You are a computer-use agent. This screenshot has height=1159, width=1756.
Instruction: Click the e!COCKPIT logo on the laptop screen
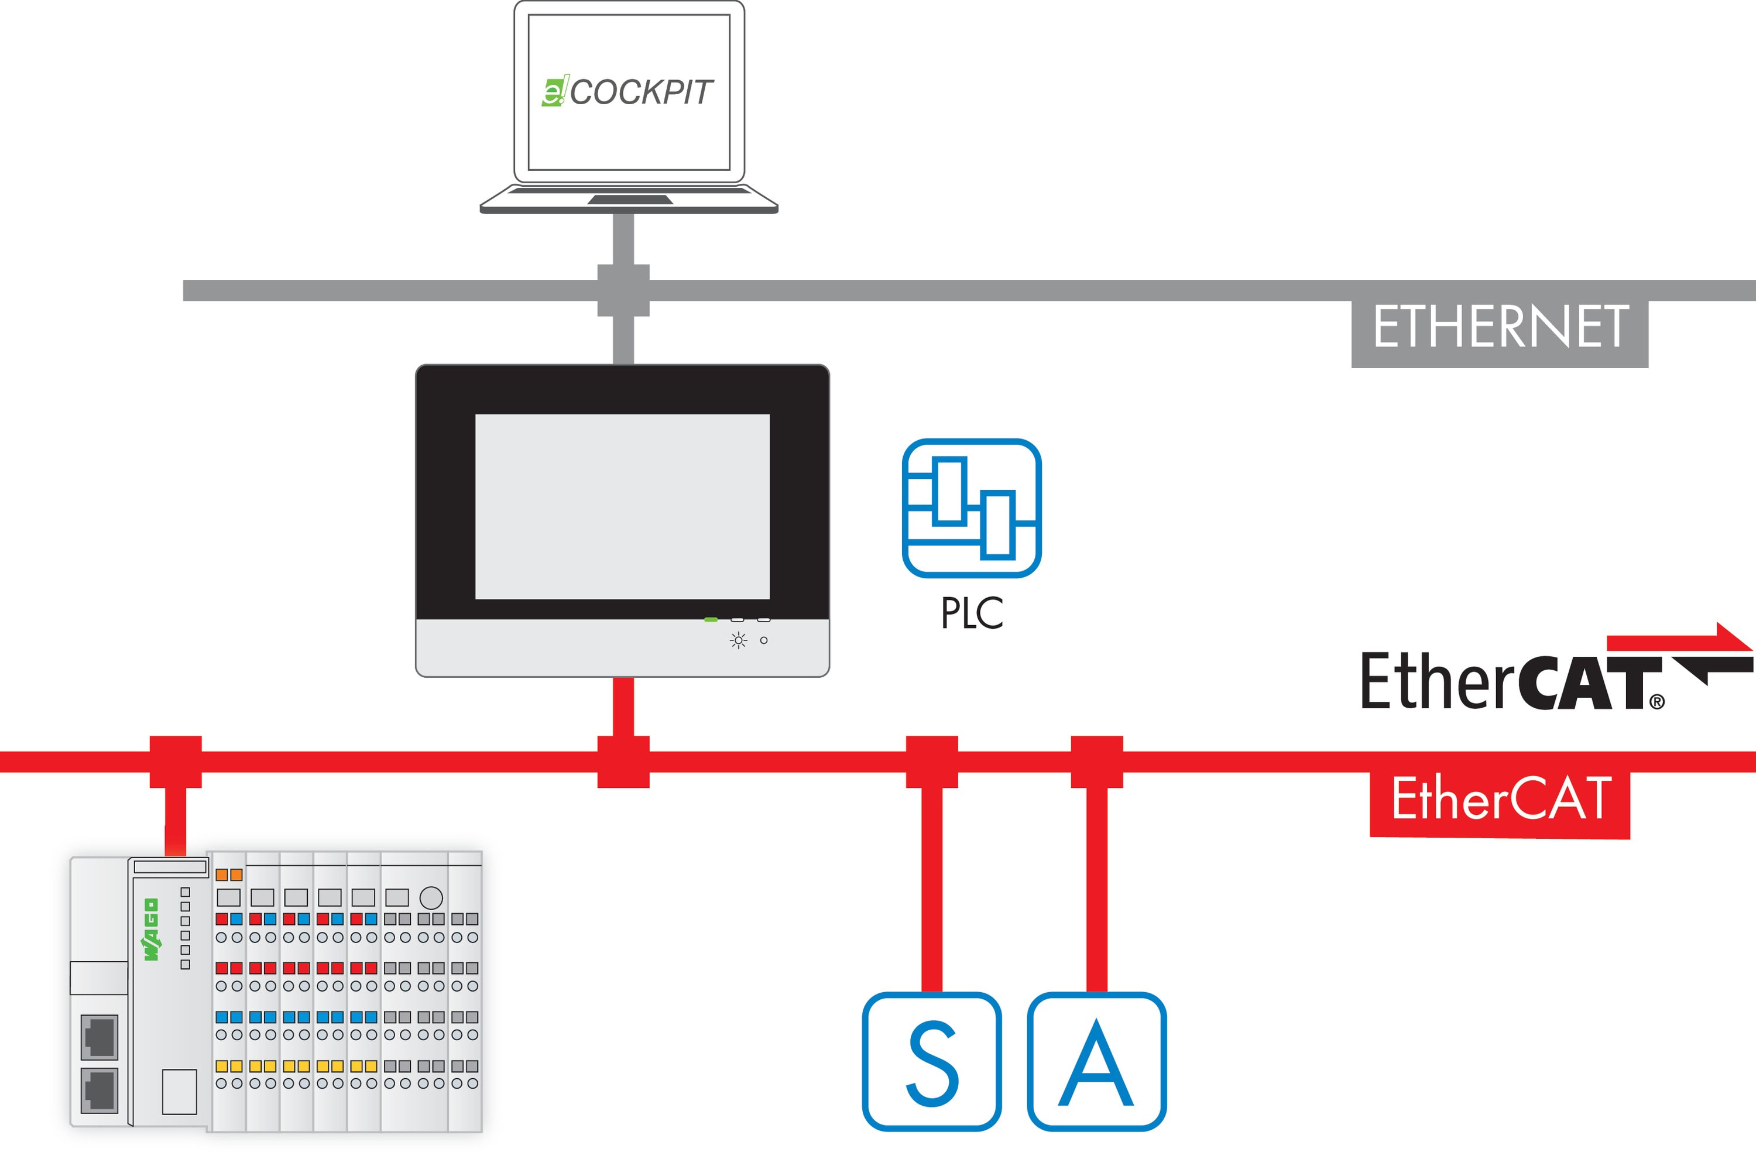[x=627, y=92]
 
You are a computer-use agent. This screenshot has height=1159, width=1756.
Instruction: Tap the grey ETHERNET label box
[x=1500, y=327]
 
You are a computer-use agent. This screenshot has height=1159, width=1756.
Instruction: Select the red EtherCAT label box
[x=1500, y=801]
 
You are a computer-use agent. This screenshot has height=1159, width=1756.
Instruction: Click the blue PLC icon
[x=971, y=508]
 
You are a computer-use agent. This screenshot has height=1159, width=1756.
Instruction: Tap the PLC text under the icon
[x=971, y=613]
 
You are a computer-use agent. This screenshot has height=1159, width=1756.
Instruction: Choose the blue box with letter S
[x=931, y=1061]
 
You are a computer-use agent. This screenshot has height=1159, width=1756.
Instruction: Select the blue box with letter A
[x=1097, y=1061]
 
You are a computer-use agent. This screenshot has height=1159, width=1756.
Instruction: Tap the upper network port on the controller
[x=99, y=1036]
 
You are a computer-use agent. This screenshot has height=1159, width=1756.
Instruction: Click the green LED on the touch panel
[x=711, y=619]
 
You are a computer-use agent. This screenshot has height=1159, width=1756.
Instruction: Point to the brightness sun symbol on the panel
[x=738, y=640]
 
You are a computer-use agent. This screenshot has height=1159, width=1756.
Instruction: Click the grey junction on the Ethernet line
[x=623, y=290]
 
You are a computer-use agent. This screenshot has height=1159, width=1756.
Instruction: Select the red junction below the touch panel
[x=623, y=762]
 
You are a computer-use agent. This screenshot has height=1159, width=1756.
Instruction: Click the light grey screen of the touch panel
[x=622, y=506]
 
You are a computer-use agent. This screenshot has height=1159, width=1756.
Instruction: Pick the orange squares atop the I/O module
[x=228, y=875]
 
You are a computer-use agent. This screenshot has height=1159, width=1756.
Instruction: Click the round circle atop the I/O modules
[x=431, y=897]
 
